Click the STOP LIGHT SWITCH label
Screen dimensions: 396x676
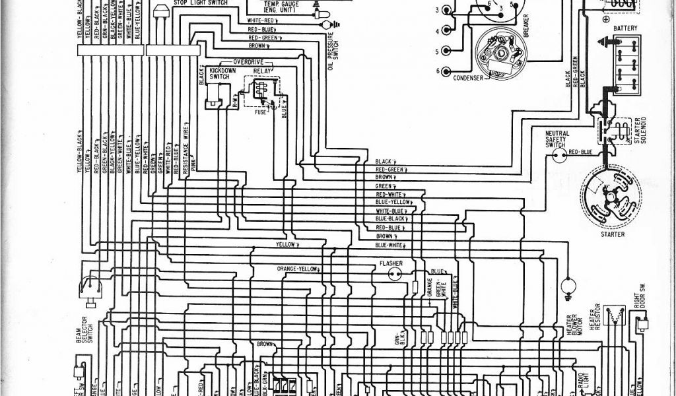click(x=201, y=3)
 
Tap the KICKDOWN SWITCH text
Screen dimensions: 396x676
click(x=219, y=73)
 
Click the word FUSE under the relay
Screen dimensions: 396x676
click(x=261, y=112)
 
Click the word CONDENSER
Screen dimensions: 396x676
click(x=468, y=78)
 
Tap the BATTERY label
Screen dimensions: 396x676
click(x=625, y=29)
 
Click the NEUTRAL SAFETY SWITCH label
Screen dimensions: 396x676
click(x=557, y=139)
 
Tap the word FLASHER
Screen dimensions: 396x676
click(x=391, y=264)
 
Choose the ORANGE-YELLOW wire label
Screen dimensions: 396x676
click(x=298, y=270)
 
